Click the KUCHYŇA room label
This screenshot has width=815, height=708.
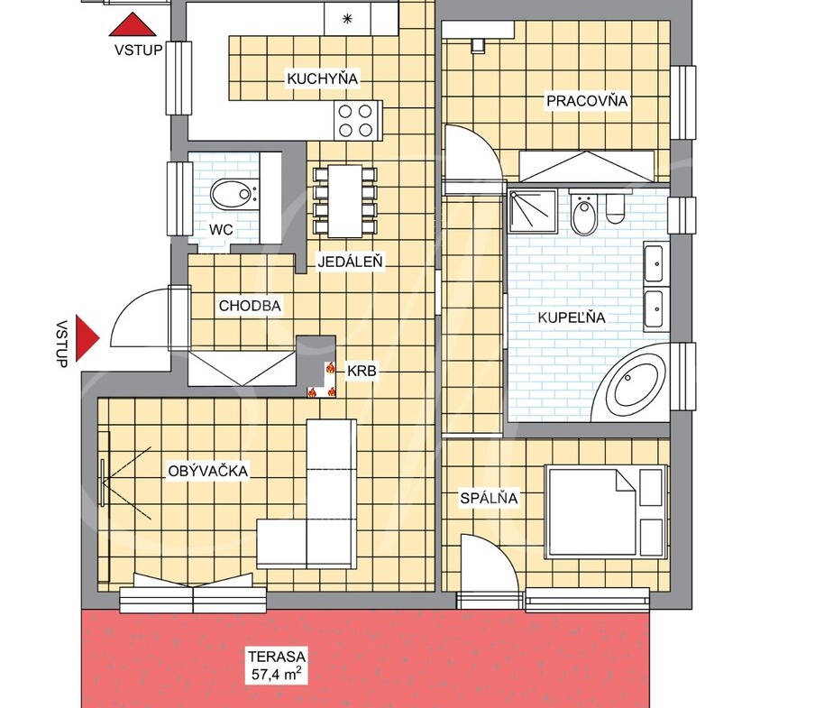point(322,78)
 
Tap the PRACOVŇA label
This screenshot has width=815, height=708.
point(587,100)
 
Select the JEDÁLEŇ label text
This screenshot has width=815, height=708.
point(350,262)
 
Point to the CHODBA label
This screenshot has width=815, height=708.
point(250,306)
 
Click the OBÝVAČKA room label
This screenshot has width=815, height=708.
point(208,471)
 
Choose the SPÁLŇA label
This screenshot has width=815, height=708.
point(489,498)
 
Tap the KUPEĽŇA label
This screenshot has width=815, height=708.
point(572,317)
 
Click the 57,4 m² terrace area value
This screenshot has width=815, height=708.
point(276,675)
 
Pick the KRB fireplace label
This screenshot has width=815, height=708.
point(362,372)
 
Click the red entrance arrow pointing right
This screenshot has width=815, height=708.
point(87,338)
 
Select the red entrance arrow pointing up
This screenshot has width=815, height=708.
point(133,24)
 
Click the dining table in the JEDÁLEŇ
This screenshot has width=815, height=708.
point(345,200)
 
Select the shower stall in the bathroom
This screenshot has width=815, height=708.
point(532,211)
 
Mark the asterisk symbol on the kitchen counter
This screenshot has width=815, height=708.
point(347,19)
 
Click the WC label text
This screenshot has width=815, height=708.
point(221,230)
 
